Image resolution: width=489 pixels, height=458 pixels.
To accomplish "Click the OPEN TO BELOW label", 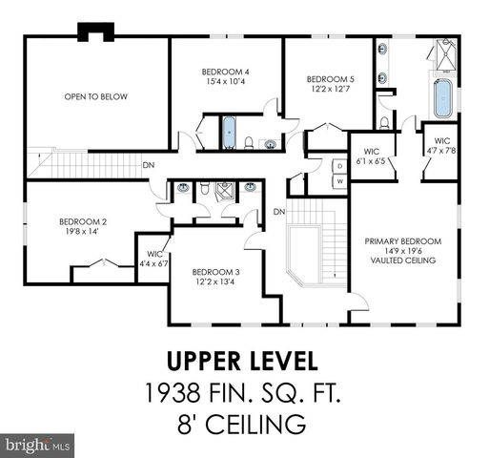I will tap(95, 96).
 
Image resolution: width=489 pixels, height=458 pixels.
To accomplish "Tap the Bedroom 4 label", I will tap(226, 72).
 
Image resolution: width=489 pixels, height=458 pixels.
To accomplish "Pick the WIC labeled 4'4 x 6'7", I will tap(153, 258).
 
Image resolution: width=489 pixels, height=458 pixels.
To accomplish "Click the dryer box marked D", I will tap(338, 165).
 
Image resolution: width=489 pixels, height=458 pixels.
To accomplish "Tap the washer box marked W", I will tap(338, 180).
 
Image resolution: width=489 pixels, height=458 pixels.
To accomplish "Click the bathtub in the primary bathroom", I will tap(442, 99).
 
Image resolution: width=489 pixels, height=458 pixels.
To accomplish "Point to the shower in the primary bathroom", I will tap(444, 54).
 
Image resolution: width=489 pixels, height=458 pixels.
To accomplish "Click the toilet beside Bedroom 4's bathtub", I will tap(248, 144).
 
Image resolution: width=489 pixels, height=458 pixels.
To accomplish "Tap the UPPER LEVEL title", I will tap(245, 362).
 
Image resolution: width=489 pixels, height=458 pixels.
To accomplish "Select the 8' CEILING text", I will tap(245, 422).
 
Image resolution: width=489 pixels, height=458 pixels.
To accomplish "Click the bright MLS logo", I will tap(38, 445).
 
